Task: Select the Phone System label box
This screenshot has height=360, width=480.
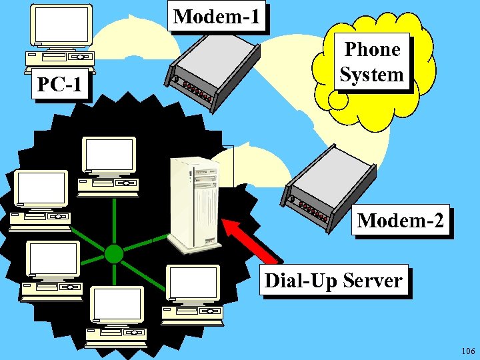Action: (371, 61)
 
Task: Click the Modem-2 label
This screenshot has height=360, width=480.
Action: (400, 220)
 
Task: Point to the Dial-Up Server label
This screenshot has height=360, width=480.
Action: (333, 281)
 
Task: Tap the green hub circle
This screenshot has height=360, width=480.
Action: (114, 253)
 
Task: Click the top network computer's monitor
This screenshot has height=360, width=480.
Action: (109, 155)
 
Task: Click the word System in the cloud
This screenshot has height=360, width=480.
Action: (371, 73)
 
